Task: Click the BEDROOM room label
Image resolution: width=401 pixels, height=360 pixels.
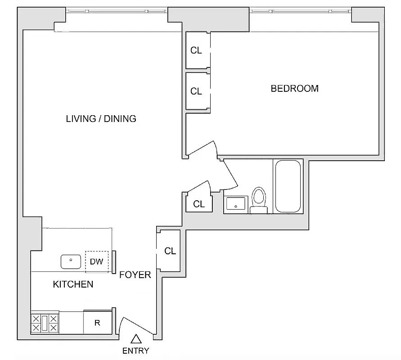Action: point(294,89)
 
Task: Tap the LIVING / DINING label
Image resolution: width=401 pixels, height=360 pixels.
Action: point(101,119)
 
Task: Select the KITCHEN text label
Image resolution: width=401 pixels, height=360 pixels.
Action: point(73,284)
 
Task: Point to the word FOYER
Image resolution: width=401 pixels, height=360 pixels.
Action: point(135,274)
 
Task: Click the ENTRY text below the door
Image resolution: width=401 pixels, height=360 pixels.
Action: point(135,351)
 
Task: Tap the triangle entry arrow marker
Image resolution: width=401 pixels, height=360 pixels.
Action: point(135,339)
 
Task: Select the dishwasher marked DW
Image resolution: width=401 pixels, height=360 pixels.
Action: point(97,261)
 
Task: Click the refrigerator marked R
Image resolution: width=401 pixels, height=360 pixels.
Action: point(97,323)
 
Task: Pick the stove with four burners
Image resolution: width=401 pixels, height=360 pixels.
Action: point(45,323)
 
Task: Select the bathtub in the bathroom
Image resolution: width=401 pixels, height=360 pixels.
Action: point(288,186)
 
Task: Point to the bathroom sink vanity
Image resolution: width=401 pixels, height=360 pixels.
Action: point(236,204)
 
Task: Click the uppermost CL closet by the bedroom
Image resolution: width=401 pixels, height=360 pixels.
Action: point(196,50)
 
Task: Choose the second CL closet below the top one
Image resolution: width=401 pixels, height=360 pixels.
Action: point(196,91)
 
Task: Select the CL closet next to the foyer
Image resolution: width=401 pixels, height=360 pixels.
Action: point(170,251)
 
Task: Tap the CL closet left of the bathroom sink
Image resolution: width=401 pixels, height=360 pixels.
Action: point(198,204)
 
